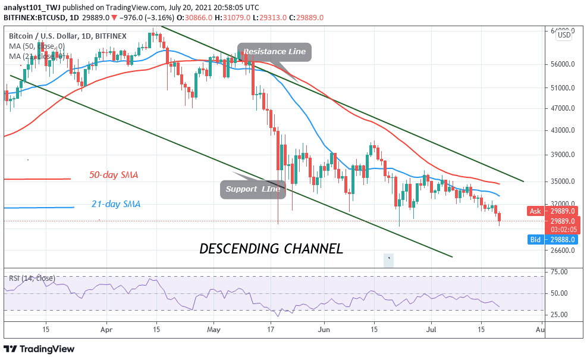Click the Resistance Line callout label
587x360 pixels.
274,52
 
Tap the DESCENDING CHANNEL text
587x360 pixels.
271,249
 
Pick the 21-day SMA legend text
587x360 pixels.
115,204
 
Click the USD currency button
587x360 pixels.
564,36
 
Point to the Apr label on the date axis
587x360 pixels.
106,328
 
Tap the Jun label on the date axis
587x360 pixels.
324,328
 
